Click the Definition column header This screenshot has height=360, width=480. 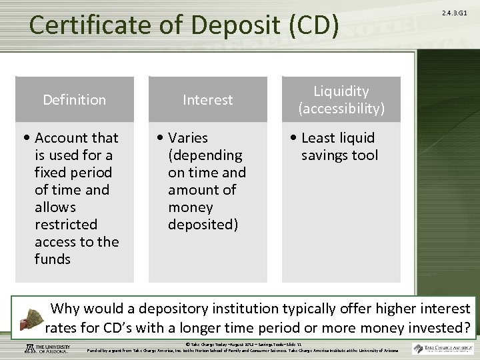pyautogui.click(x=74, y=100)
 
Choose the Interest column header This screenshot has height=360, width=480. pyautogui.click(x=208, y=100)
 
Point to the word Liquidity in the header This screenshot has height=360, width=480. pyautogui.click(x=341, y=91)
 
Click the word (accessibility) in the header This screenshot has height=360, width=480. pyautogui.click(x=341, y=108)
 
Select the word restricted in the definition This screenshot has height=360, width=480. pyautogui.click(x=65, y=225)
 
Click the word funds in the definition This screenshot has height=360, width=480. pyautogui.click(x=52, y=259)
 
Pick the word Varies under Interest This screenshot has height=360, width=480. pyautogui.click(x=188, y=138)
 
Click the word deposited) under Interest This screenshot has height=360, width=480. pyautogui.click(x=203, y=225)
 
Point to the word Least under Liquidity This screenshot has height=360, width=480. pyautogui.click(x=319, y=138)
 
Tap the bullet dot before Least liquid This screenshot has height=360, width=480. pyautogui.click(x=295, y=139)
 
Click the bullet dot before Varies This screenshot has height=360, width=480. pyautogui.click(x=161, y=139)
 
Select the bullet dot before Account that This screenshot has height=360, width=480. pyautogui.click(x=28, y=139)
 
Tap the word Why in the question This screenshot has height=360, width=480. pyautogui.click(x=65, y=309)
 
